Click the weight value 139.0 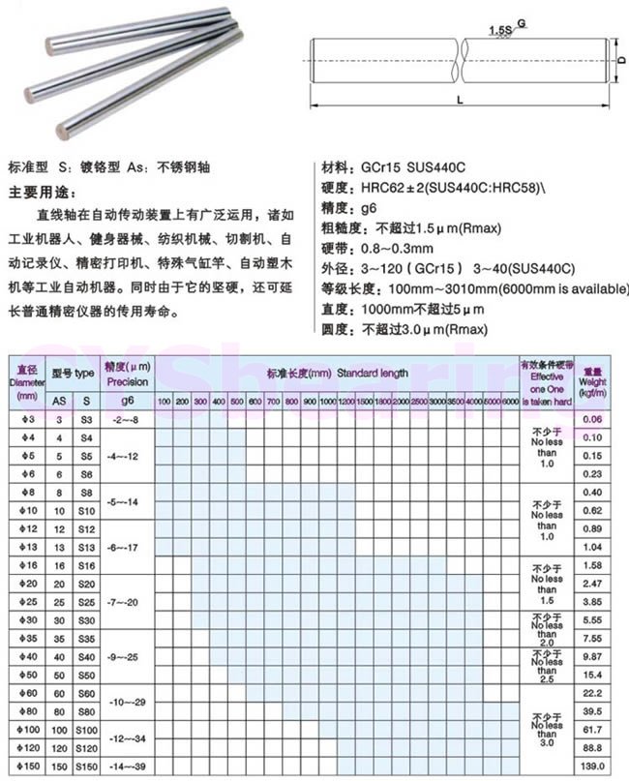pyautogui.click(x=592, y=766)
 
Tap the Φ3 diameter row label pyautogui.click(x=26, y=419)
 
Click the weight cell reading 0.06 pyautogui.click(x=592, y=419)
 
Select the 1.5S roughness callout pyautogui.click(x=500, y=32)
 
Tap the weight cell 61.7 pyautogui.click(x=592, y=728)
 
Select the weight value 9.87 pyautogui.click(x=592, y=656)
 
